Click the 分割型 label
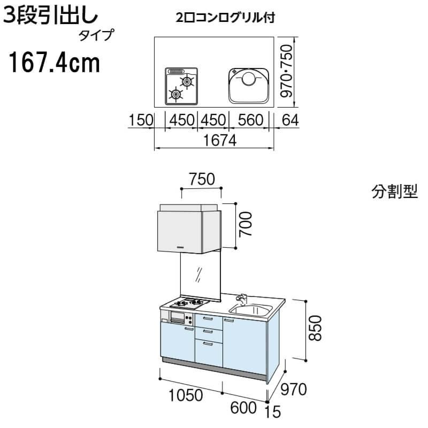(x=394, y=192)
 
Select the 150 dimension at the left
(x=140, y=120)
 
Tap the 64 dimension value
(x=289, y=120)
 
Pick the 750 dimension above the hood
(x=201, y=179)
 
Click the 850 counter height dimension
(x=315, y=328)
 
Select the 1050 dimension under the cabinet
(x=185, y=396)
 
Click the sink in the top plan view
(x=249, y=85)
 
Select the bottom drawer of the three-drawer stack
(x=209, y=353)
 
